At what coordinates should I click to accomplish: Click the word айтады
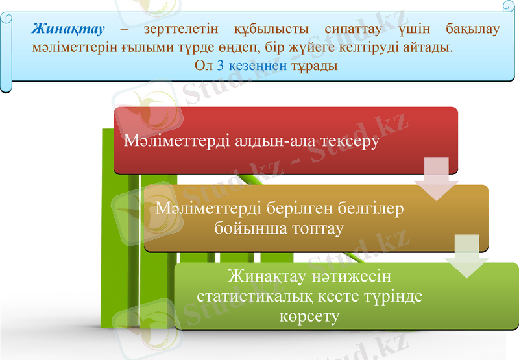click(431, 47)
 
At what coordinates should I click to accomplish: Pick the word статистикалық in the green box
click(256, 296)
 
